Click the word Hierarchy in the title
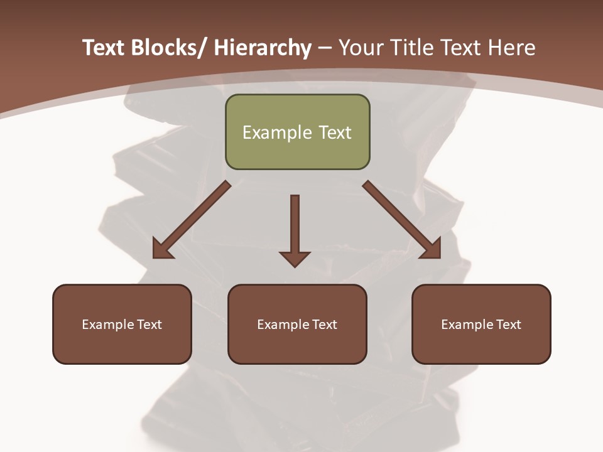[263, 48]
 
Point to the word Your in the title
[359, 48]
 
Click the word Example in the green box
[277, 132]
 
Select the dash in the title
[325, 48]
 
